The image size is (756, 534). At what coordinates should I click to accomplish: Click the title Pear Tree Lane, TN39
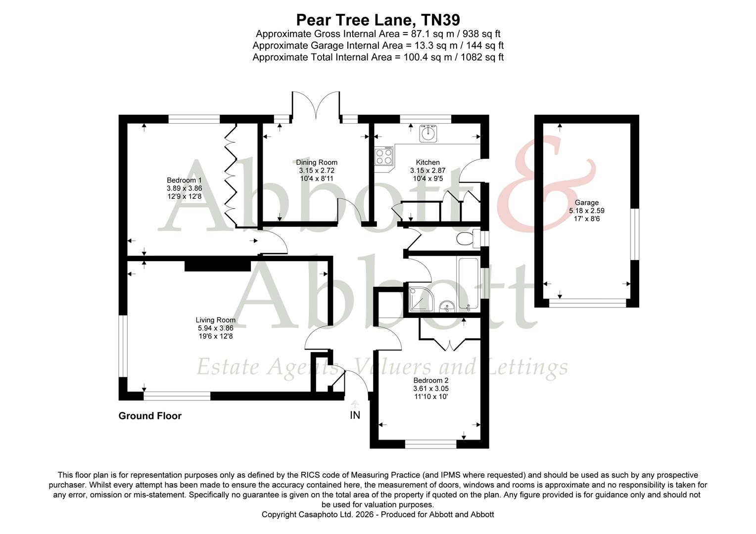378,20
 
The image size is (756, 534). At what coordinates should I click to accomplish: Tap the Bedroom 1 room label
184,180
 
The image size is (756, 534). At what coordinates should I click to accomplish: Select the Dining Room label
317,162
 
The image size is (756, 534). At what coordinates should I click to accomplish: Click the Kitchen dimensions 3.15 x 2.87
427,171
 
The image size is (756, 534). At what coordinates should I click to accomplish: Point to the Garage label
586,203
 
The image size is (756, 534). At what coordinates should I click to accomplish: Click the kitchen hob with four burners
383,157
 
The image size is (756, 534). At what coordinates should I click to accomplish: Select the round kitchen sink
428,133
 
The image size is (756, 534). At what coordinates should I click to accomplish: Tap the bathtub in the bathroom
468,284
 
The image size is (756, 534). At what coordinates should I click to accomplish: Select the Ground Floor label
150,416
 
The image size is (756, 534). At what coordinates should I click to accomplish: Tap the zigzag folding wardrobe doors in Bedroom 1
231,176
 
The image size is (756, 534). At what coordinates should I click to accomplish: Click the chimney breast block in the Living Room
218,265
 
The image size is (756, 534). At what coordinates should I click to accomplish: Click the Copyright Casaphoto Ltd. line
378,514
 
